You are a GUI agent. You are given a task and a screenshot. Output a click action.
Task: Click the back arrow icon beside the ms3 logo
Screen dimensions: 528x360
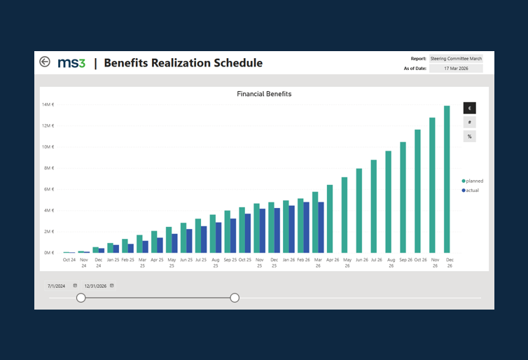coord(45,62)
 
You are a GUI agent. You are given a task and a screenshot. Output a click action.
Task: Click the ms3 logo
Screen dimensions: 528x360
coord(71,63)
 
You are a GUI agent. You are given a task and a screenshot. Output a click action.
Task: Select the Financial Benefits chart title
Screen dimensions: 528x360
coord(264,94)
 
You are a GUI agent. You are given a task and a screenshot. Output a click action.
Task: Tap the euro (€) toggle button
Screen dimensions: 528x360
coord(469,108)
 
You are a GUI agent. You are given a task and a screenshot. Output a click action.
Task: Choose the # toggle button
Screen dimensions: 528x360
coord(469,123)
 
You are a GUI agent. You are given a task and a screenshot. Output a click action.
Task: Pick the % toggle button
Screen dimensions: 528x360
coord(469,137)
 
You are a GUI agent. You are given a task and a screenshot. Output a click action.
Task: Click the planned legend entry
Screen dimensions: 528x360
coord(473,181)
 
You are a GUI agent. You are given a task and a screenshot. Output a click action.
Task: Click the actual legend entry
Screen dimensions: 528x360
coord(471,191)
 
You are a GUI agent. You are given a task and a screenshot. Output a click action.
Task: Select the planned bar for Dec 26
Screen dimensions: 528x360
coord(447,179)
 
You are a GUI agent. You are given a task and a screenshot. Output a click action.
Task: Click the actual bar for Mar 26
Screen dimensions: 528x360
coord(321,228)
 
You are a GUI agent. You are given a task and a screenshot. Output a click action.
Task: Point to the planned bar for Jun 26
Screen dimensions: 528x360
coord(359,211)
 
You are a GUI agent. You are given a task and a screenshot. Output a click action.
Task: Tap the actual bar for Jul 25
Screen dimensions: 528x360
coord(204,240)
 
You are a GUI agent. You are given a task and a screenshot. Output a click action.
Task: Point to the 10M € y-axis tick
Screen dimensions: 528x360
coord(48,147)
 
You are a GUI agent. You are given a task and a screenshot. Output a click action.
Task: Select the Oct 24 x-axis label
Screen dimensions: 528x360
coord(69,260)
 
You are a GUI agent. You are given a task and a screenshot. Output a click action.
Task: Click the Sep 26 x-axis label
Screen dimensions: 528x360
coord(405,260)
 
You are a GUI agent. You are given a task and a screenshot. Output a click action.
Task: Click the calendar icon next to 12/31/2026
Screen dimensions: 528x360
coord(112,286)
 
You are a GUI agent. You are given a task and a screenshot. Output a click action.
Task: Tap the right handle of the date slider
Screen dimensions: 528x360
coord(235,298)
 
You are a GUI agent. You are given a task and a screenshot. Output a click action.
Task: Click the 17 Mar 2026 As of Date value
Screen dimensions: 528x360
coord(456,69)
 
